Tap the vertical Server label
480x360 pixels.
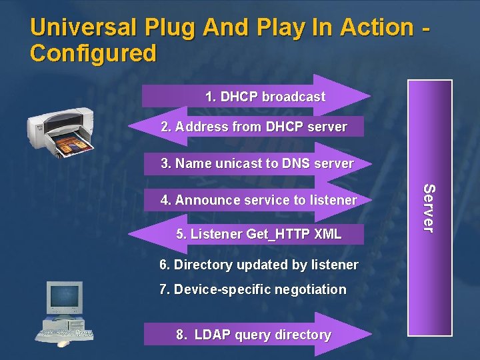click(429, 208)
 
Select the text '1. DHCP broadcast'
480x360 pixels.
click(265, 97)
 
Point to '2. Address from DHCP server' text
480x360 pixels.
click(254, 127)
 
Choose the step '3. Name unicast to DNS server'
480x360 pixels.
click(257, 163)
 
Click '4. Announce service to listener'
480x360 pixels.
click(259, 200)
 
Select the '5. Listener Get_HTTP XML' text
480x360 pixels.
click(259, 234)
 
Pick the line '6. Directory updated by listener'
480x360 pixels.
click(259, 265)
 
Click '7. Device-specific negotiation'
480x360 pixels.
click(253, 289)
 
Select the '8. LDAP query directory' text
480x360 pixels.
click(253, 335)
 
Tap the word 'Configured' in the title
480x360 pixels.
click(93, 53)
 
